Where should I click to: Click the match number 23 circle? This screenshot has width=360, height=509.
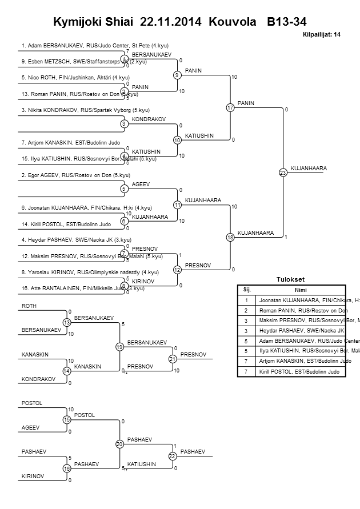pyautogui.click(x=282, y=172)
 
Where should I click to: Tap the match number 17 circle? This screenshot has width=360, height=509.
pyautogui.click(x=230, y=107)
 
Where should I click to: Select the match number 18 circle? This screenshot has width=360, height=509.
pyautogui.click(x=230, y=237)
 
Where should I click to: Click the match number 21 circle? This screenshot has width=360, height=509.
pyautogui.click(x=171, y=359)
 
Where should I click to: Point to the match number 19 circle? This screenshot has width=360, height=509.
pyautogui.click(x=119, y=347)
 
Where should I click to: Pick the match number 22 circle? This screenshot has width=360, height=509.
pyautogui.click(x=171, y=456)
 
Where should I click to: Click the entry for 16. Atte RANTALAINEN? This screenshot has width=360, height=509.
pyautogui.click(x=82, y=288)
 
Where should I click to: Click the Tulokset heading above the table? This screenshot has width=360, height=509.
pyautogui.click(x=290, y=279)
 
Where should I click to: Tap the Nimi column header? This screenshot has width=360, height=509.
pyautogui.click(x=301, y=290)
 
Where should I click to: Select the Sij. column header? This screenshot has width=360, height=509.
pyautogui.click(x=247, y=290)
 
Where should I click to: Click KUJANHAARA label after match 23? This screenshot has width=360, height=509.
pyautogui.click(x=309, y=169)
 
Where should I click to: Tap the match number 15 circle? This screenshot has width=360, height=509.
pyautogui.click(x=67, y=420)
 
